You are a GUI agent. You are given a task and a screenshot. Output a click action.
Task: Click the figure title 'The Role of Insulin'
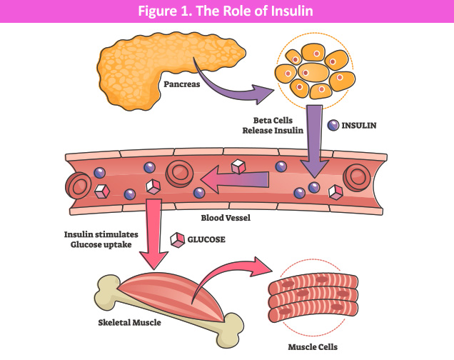pyautogui.click(x=226, y=11)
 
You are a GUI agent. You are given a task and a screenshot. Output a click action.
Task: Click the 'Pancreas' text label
pyautogui.click(x=183, y=83)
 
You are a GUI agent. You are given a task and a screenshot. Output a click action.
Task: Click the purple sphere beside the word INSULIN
pyautogui.click(x=333, y=125)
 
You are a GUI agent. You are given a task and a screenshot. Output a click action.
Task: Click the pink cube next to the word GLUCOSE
pyautogui.click(x=176, y=239)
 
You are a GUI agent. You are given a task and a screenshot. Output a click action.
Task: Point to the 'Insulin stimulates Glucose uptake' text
pyautogui.click(x=101, y=239)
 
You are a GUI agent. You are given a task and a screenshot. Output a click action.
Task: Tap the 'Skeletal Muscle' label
pyautogui.click(x=129, y=322)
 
